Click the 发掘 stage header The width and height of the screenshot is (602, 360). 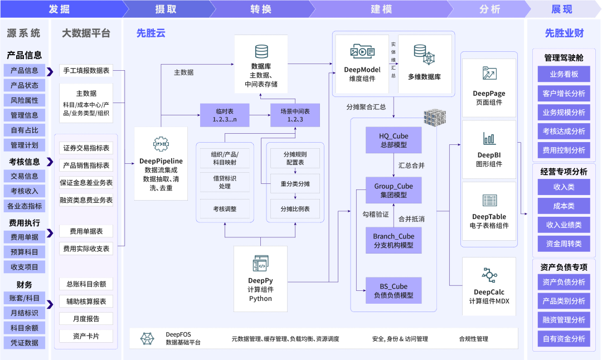[x=60, y=9]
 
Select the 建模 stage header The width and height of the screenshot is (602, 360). [x=381, y=9]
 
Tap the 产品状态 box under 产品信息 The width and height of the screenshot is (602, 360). [x=25, y=85]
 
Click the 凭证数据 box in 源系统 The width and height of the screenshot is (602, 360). [x=25, y=343]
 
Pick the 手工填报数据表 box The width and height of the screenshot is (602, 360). [x=86, y=70]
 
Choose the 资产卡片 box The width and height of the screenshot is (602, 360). [x=86, y=336]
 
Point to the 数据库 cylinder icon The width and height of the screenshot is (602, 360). [x=261, y=52]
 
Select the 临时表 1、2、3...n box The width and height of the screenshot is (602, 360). [x=225, y=115]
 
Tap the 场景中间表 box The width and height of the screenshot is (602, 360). [x=295, y=115]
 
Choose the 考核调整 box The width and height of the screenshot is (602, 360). [x=225, y=209]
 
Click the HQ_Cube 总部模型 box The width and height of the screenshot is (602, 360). [x=394, y=140]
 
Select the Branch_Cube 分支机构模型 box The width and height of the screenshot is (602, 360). [x=394, y=240]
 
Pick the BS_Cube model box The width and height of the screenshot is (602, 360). [x=394, y=290]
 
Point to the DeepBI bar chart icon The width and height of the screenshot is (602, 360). [x=489, y=138]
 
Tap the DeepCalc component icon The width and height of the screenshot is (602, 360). [x=489, y=275]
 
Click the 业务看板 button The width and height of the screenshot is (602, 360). [x=564, y=74]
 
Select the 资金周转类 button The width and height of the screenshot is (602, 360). [x=564, y=244]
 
